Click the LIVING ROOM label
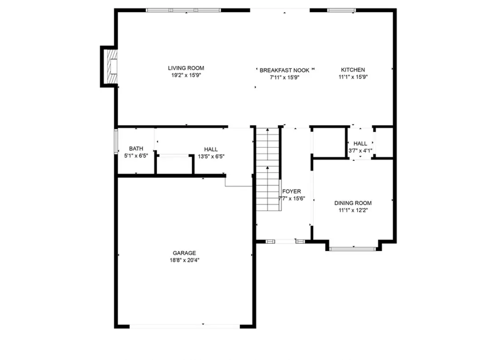186,68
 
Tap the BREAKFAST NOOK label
285,70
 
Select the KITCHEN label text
353,70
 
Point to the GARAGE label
184,253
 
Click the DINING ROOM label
353,203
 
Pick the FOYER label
291,191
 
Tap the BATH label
136,148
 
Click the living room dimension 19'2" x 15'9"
186,76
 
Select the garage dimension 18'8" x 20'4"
185,260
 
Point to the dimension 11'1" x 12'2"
353,210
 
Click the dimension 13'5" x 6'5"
211,157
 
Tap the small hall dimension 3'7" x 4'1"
360,151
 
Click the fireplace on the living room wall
110,67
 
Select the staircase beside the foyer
268,169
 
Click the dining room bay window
353,249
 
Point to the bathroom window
116,142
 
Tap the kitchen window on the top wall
342,10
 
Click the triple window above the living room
183,10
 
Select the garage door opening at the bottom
185,326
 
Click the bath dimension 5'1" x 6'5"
136,156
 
